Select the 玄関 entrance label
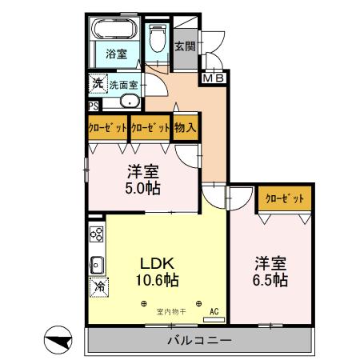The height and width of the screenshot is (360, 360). (185, 46)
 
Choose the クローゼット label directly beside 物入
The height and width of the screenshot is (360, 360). (150, 127)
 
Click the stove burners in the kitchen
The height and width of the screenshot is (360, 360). (96, 234)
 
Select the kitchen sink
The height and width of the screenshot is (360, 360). (96, 263)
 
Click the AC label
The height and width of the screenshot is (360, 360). (214, 311)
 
